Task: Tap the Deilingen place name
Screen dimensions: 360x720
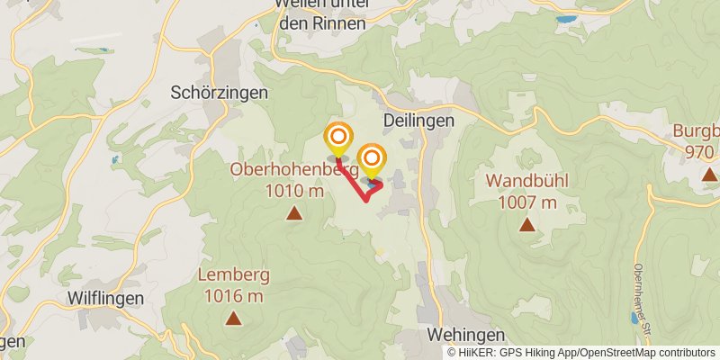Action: coord(418,120)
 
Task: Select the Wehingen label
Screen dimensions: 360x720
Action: coord(465,334)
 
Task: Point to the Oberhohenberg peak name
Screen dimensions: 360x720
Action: coord(294,169)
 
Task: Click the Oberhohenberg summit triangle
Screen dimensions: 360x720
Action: coord(293,213)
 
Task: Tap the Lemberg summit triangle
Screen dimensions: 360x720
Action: coord(233,318)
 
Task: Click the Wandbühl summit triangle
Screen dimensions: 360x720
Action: coord(526,224)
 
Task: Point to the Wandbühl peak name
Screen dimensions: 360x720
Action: coord(526,180)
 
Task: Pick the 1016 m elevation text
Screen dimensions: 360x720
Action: coord(233,295)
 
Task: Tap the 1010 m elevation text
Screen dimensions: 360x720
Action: coord(294,190)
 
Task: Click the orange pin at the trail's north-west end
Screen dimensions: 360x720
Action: coord(338,138)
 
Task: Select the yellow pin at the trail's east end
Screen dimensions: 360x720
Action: coord(372,159)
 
